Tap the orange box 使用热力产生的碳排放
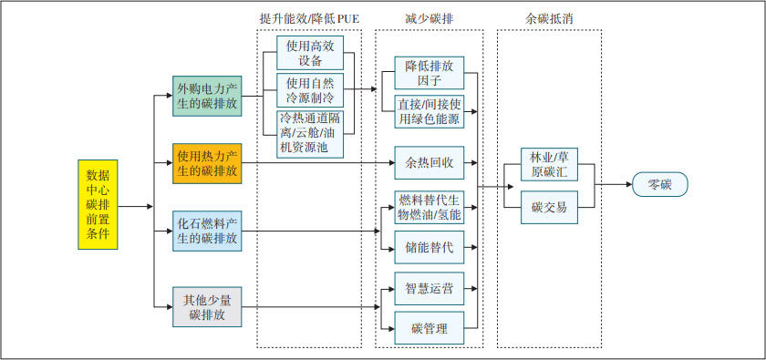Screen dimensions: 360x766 tap(207, 163)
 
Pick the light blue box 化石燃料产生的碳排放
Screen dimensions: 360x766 tap(207, 231)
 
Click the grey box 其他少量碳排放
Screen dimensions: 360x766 tap(207, 306)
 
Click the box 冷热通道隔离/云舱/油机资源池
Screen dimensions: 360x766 tap(310, 133)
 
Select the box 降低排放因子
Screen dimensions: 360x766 tap(429, 73)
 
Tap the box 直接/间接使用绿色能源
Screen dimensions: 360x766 tap(429, 111)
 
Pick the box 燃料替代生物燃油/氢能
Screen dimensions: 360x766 tap(429, 208)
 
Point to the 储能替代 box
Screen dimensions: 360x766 tap(429, 246)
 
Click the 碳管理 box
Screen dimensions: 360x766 tap(429, 328)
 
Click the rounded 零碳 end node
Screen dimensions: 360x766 tap(659, 186)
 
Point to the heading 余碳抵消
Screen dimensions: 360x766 tap(550, 19)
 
